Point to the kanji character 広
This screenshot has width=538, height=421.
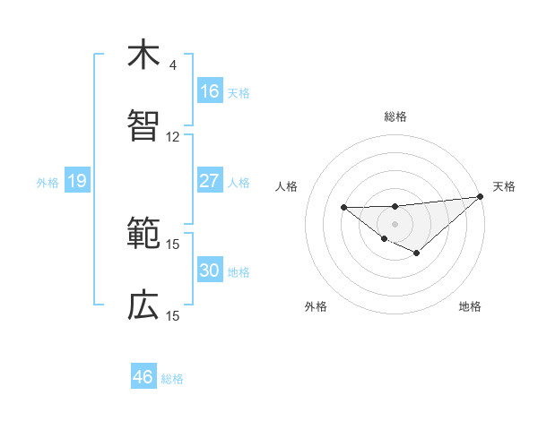pos(143,305)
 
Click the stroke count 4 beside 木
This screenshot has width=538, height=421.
pos(173,65)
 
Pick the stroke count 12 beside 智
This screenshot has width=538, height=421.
pos(173,137)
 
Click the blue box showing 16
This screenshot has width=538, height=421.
pos(209,91)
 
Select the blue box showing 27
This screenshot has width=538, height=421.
pos(209,181)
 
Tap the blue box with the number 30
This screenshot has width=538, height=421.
pos(209,271)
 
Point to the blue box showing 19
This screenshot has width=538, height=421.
pos(77,182)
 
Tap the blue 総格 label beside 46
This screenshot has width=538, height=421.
pos(172,379)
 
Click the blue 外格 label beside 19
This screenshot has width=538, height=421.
pos(48,183)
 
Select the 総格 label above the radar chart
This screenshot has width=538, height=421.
pos(395,116)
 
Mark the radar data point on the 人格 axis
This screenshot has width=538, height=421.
pos(343,207)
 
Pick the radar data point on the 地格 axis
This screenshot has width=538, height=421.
pos(416,253)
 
